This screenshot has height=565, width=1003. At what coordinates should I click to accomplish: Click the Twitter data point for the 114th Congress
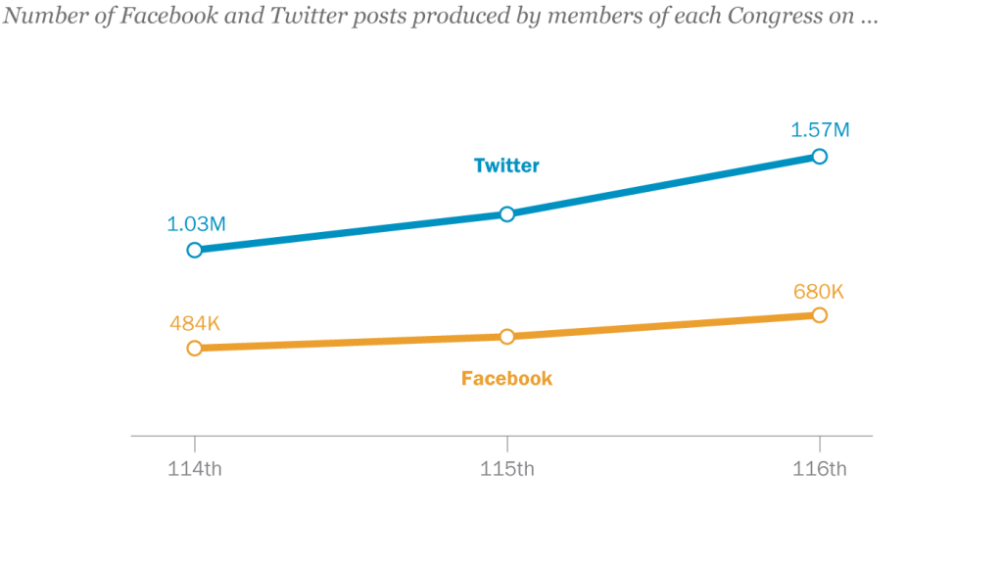tap(194, 250)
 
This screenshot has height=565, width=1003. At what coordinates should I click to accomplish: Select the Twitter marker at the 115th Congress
tap(507, 213)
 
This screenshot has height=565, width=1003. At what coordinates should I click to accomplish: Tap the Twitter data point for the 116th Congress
tap(820, 156)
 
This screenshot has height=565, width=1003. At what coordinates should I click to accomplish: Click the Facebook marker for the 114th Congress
tap(194, 348)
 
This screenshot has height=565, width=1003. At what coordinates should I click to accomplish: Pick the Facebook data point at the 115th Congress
tap(507, 336)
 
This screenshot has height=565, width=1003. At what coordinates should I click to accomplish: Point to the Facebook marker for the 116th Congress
tap(820, 314)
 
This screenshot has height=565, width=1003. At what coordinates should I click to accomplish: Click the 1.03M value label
tap(197, 223)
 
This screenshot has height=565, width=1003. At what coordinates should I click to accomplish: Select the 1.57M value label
tap(821, 129)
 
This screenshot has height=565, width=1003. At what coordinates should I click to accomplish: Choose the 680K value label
tap(819, 291)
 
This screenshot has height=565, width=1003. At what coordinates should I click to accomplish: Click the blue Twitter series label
tap(506, 165)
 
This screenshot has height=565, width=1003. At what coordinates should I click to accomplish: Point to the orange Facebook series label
tap(506, 378)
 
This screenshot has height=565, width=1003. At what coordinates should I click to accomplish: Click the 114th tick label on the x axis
tap(194, 468)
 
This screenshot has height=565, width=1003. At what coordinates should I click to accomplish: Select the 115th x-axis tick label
tap(507, 468)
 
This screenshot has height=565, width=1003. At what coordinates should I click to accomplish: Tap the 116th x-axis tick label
tap(820, 468)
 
